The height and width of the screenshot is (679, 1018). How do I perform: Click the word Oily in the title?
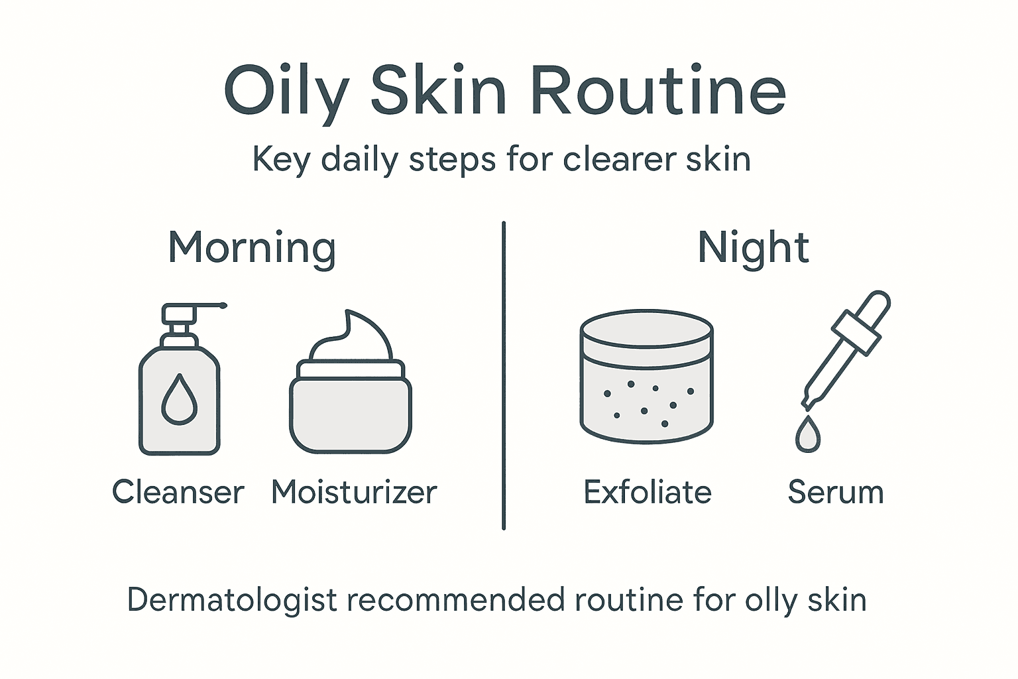(x=286, y=92)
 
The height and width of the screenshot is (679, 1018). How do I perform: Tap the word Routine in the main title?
(x=657, y=92)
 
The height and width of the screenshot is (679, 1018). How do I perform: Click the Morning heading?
(x=252, y=248)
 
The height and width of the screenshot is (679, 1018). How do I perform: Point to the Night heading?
(x=754, y=248)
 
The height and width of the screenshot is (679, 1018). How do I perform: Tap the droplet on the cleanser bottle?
(x=180, y=399)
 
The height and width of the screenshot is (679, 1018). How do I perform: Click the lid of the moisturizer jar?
(x=351, y=369)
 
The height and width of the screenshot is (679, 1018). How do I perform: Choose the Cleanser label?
(x=178, y=493)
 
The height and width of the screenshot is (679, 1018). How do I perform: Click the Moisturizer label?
(x=354, y=493)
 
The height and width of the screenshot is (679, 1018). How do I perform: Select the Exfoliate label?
(x=647, y=493)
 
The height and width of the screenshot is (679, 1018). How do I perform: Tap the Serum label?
(x=836, y=493)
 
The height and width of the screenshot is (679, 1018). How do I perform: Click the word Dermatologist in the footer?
(x=233, y=600)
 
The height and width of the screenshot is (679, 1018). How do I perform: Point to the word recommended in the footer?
(x=457, y=600)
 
